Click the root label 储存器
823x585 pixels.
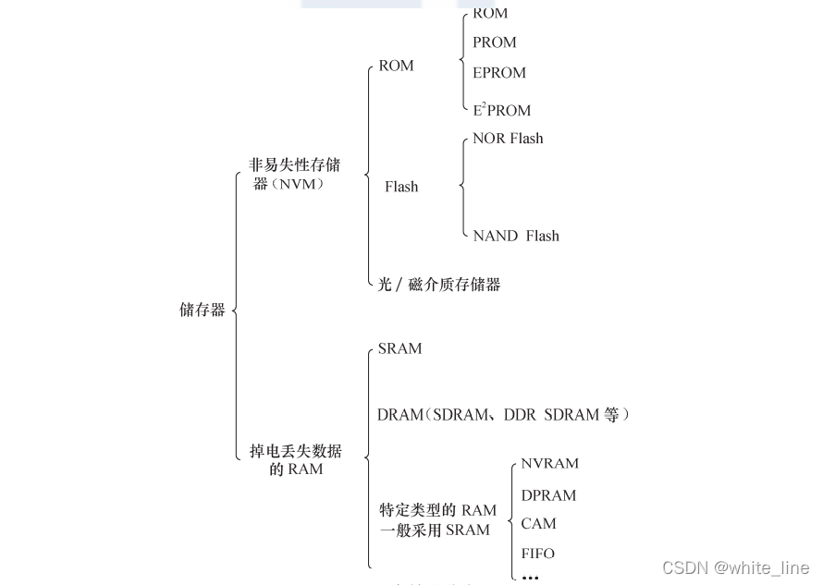202,310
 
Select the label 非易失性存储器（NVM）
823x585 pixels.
294,174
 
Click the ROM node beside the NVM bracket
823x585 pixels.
396,66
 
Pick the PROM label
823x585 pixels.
494,43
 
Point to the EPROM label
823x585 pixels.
498,73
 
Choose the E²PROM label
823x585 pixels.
501,110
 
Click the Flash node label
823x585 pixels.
401,187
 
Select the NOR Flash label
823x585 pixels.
508,139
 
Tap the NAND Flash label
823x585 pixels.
515,236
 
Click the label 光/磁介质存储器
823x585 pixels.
439,285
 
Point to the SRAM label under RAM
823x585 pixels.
399,348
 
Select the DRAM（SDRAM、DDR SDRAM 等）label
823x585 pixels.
503,415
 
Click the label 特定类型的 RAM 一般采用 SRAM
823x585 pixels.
437,520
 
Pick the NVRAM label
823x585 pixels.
549,464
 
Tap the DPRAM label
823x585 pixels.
548,495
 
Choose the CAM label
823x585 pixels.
538,524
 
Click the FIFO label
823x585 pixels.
537,554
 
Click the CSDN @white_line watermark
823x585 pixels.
735,567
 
